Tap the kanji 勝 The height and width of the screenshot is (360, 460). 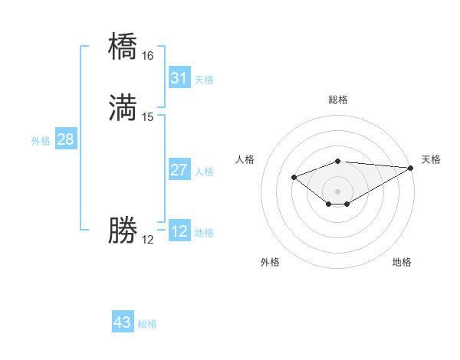[123, 231]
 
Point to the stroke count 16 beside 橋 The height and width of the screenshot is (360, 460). [147, 56]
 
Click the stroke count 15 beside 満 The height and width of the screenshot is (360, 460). [147, 117]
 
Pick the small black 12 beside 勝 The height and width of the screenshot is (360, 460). [147, 240]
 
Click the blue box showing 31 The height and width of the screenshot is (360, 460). [179, 78]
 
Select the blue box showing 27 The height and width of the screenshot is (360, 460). [179, 170]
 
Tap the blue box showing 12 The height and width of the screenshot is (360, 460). [179, 231]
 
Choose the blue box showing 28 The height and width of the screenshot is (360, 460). [65, 139]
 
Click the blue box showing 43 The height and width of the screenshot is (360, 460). [123, 322]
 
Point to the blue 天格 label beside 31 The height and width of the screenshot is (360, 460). [204, 80]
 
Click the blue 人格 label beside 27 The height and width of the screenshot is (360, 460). [204, 172]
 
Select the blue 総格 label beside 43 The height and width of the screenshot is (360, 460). [147, 324]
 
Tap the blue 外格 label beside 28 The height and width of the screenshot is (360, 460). [40, 141]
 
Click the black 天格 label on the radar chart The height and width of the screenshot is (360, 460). [431, 159]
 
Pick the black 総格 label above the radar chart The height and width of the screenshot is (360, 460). [338, 100]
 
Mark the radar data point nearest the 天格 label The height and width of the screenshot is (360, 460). [411, 168]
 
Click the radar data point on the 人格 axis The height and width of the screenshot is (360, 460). [294, 177]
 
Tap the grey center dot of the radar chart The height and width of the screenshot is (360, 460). [338, 191]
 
